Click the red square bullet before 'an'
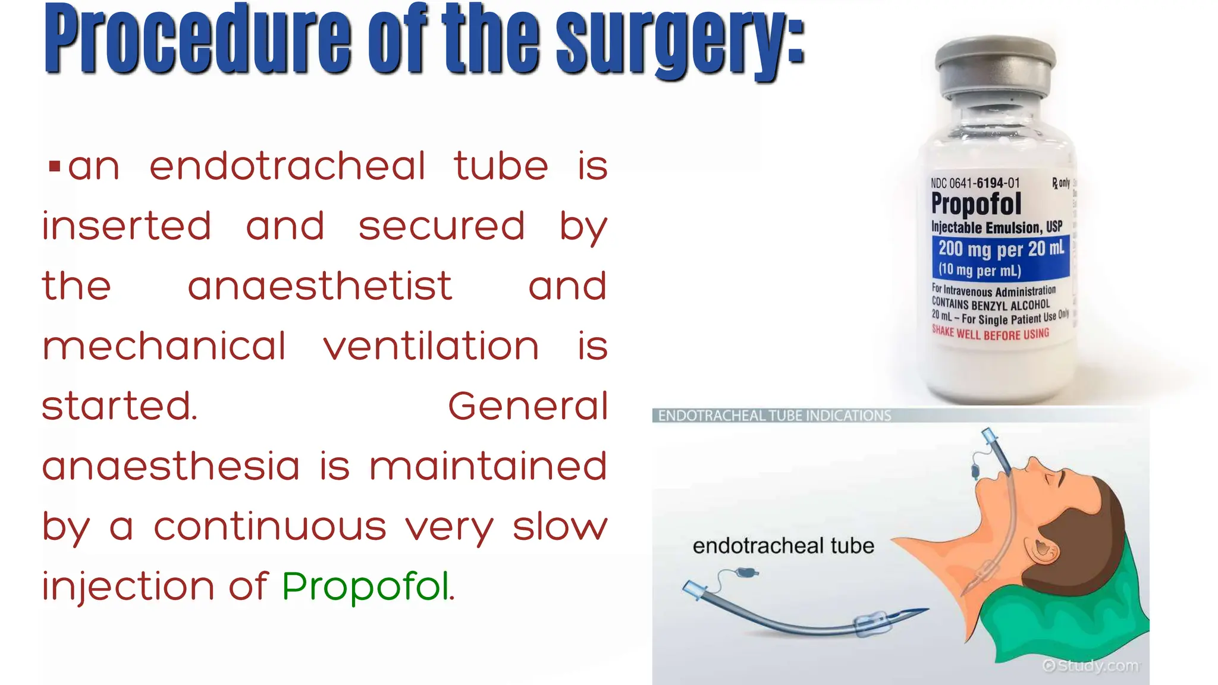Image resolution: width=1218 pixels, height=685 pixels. [55, 166]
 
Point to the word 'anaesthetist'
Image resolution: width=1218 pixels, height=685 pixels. [320, 287]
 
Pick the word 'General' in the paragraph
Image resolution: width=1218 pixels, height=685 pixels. [528, 407]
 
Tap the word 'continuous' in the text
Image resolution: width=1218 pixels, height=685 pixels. [270, 527]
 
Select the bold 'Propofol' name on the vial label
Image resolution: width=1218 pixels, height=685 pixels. [976, 204]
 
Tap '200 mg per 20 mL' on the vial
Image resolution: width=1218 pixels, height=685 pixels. [1001, 249]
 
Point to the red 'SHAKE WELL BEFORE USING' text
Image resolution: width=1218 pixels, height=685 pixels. [990, 334]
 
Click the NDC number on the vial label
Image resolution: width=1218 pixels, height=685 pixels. [975, 183]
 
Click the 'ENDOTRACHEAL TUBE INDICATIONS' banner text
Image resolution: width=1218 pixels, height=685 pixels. [774, 416]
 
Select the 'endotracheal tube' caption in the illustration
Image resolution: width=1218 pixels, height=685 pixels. [783, 546]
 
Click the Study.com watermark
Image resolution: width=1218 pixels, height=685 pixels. [1091, 666]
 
